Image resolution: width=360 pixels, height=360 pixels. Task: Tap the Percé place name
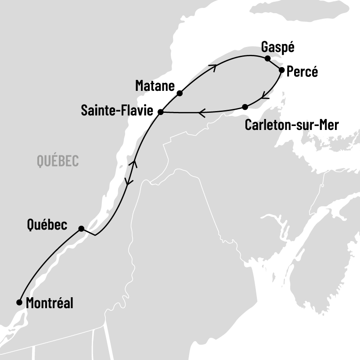pyautogui.click(x=302, y=72)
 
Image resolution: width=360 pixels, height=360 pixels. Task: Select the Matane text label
pyautogui.click(x=155, y=85)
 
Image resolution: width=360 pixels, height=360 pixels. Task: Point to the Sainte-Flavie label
pyautogui.click(x=117, y=111)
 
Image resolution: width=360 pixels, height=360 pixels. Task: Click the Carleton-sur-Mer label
pyautogui.click(x=292, y=125)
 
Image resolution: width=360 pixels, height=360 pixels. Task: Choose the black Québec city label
pyautogui.click(x=47, y=225)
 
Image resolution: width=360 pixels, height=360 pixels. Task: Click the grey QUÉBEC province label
pyautogui.click(x=58, y=161)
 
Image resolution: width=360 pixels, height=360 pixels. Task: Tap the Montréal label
pyautogui.click(x=50, y=303)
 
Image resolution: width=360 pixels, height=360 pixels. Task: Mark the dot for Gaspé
pyautogui.click(x=267, y=58)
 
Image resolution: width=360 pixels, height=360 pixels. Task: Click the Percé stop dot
pyautogui.click(x=281, y=69)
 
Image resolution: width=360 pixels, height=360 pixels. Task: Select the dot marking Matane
pyautogui.click(x=180, y=93)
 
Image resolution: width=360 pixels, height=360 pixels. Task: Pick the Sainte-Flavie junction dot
pyautogui.click(x=161, y=112)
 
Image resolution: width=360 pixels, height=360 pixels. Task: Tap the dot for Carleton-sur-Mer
pyautogui.click(x=245, y=107)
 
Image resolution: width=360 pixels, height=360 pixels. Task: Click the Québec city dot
pyautogui.click(x=81, y=228)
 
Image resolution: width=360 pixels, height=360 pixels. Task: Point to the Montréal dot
pyautogui.click(x=19, y=302)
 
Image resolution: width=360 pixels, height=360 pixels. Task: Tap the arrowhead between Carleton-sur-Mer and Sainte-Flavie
pyautogui.click(x=202, y=113)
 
